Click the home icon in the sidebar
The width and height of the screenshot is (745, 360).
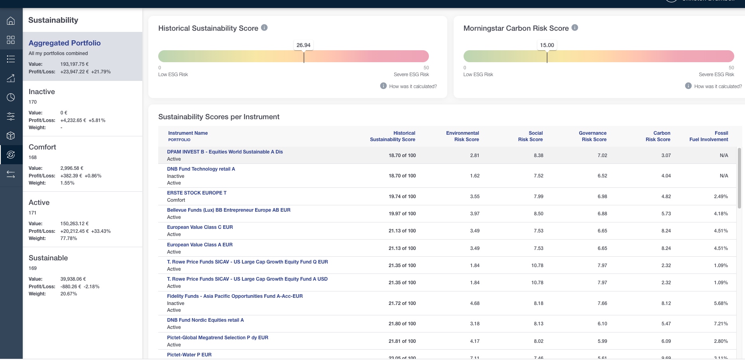coord(11,21)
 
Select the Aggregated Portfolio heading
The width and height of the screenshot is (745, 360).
coord(65,43)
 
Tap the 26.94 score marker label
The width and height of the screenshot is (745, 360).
coord(303,45)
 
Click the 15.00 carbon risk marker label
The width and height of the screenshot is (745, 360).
coord(547,45)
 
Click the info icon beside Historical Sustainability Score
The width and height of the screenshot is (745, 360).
coord(264,28)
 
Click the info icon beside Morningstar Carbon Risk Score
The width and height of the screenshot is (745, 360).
coord(575,28)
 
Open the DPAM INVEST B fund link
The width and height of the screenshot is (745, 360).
coord(225,152)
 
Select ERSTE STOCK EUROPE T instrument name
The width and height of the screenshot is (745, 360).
coord(197,193)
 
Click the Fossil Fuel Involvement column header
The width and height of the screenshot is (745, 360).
coord(709,136)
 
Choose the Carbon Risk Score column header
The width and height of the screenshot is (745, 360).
coord(658,136)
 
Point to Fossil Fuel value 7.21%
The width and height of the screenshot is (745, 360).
coord(721,324)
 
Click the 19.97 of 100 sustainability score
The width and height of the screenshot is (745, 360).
coord(402,214)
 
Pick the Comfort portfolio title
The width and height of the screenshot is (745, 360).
coord(42,147)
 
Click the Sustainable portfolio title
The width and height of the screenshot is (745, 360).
coord(48,258)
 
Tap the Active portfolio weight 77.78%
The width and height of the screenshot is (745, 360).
coord(69,238)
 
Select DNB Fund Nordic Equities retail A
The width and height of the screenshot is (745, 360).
coord(205,320)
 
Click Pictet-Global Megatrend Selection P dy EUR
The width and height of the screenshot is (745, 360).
coord(218,338)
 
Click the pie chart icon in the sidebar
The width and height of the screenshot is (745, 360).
coord(11,97)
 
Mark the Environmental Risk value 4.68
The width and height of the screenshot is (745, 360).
coord(475,303)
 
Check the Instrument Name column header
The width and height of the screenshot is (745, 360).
coord(188,133)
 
